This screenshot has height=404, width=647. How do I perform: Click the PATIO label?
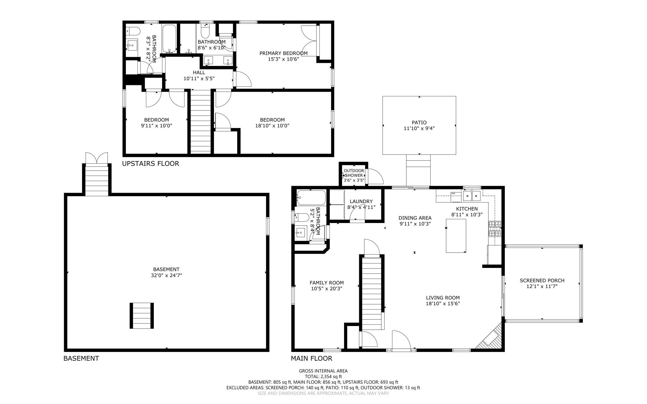pyautogui.click(x=419, y=123)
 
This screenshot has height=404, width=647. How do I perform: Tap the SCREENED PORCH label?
pyautogui.click(x=542, y=280)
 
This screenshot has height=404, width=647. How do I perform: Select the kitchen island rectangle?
pyautogui.click(x=456, y=236)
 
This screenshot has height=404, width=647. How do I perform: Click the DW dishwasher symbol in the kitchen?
pyautogui.click(x=453, y=194)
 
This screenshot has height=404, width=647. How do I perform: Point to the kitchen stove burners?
pyautogui.click(x=495, y=229)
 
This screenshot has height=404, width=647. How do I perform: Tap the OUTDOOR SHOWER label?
pyautogui.click(x=354, y=173)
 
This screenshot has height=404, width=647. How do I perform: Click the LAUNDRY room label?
pyautogui.click(x=361, y=202)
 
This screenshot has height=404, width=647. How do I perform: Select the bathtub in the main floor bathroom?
pyautogui.click(x=311, y=198)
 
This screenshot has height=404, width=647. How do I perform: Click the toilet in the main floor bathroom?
pyautogui.click(x=302, y=217)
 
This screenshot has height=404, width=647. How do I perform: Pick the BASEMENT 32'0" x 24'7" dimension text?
pyautogui.click(x=166, y=275)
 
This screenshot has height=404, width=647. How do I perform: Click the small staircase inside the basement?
pyautogui.click(x=142, y=316)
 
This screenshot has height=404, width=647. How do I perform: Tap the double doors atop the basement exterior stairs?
pyautogui.click(x=96, y=158)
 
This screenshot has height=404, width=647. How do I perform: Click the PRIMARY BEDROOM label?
pyautogui.click(x=283, y=53)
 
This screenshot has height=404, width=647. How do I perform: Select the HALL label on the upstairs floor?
pyautogui.click(x=199, y=73)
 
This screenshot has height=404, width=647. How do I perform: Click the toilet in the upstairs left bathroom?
pyautogui.click(x=133, y=31)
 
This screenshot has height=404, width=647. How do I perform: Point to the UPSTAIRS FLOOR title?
pyautogui.click(x=150, y=164)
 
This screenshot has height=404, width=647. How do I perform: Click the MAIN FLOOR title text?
pyautogui.click(x=311, y=359)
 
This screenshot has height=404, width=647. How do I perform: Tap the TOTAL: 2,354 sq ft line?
pyautogui.click(x=323, y=377)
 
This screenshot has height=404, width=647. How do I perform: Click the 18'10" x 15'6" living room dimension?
pyautogui.click(x=443, y=304)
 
